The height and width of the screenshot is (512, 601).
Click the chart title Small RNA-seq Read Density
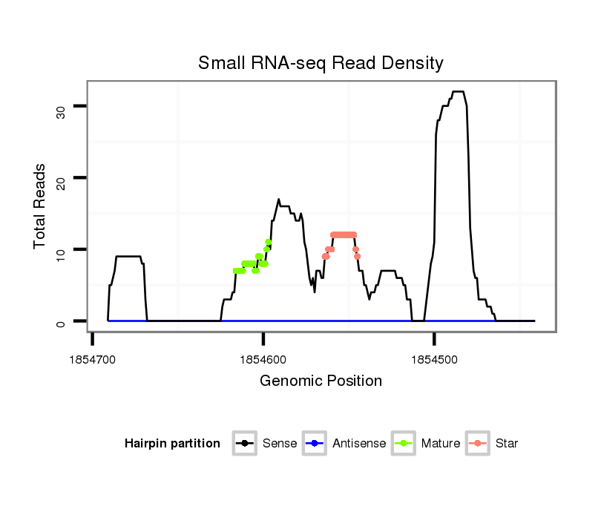click(x=321, y=63)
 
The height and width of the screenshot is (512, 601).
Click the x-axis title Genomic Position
click(x=321, y=381)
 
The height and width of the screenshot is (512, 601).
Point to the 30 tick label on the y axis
click(x=61, y=111)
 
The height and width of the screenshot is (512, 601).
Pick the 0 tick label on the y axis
click(x=61, y=322)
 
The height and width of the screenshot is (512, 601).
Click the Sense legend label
click(x=280, y=444)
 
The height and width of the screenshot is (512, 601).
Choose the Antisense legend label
click(x=359, y=444)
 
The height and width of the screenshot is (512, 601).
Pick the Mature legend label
click(x=440, y=444)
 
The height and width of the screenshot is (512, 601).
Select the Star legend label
click(x=507, y=444)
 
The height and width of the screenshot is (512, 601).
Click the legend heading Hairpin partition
click(x=172, y=444)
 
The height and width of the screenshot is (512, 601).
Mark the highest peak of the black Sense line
click(x=458, y=92)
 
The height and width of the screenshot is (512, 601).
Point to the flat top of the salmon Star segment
click(x=344, y=234)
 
